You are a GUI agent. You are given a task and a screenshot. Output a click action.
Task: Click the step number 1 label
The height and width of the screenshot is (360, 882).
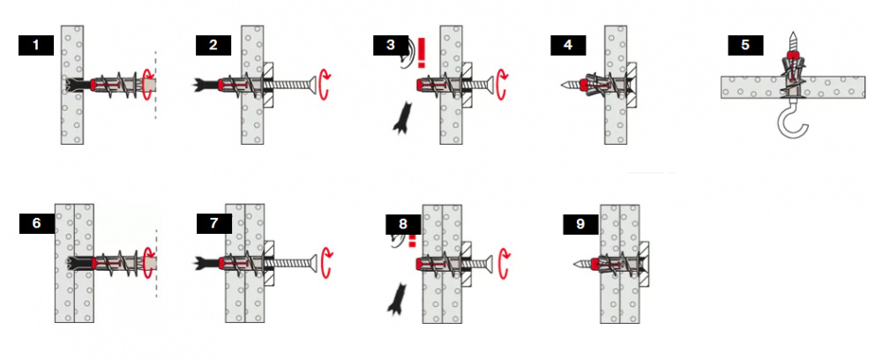pyautogui.click(x=36, y=45)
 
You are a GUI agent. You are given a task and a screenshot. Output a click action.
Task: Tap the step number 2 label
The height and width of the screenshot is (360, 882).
pyautogui.click(x=213, y=45)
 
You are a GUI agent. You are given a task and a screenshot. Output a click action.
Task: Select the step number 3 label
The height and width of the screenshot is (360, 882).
pyautogui.click(x=391, y=45)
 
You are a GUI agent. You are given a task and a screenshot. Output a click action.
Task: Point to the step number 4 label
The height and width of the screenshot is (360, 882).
pyautogui.click(x=568, y=45)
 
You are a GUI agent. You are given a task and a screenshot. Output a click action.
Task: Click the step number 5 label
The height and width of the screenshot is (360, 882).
pyautogui.click(x=745, y=45)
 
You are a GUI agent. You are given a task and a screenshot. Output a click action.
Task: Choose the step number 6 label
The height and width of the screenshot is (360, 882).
pyautogui.click(x=36, y=223)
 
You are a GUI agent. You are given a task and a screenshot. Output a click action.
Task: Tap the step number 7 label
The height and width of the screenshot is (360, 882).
pyautogui.click(x=214, y=223)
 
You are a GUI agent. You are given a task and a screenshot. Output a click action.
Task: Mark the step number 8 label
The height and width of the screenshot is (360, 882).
pyautogui.click(x=403, y=224)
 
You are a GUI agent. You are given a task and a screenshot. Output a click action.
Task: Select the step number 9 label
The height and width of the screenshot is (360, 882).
pyautogui.click(x=580, y=224)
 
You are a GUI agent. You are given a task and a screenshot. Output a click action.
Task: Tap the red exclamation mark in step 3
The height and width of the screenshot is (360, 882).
pyautogui.click(x=422, y=52)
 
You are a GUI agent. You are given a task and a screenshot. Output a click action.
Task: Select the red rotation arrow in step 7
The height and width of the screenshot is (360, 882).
pyautogui.click(x=325, y=263)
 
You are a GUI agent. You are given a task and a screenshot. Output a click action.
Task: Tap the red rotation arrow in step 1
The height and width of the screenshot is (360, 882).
pyautogui.click(x=148, y=85)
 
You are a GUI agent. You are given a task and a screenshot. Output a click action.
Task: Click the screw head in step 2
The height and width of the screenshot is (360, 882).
pyautogui.click(x=312, y=85)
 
